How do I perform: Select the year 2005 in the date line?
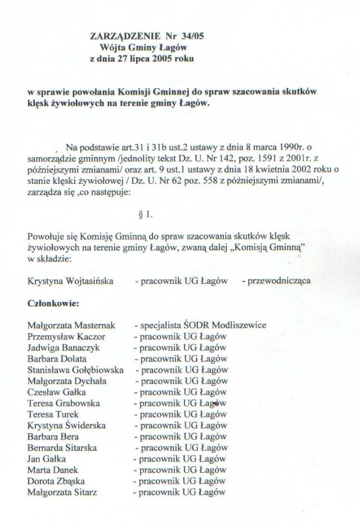click(153, 58)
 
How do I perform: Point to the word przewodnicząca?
click(275, 281)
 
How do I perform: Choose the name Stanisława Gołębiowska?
click(76, 370)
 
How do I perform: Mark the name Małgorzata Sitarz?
click(62, 492)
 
